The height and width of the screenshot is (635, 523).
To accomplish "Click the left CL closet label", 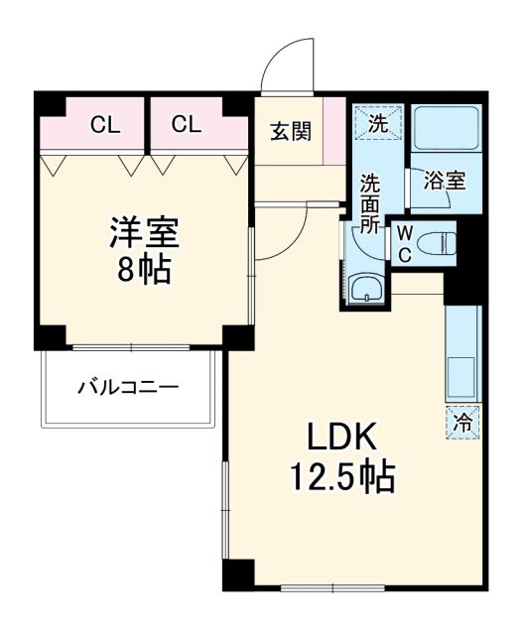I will [100, 125].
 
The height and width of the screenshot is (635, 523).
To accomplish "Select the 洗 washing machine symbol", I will [378, 125].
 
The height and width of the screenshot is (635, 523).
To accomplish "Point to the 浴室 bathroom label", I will [444, 181].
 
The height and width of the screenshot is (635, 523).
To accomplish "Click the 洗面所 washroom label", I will [369, 203].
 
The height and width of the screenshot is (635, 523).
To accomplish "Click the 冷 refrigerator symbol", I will [463, 422].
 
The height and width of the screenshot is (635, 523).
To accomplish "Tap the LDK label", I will [340, 438].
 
